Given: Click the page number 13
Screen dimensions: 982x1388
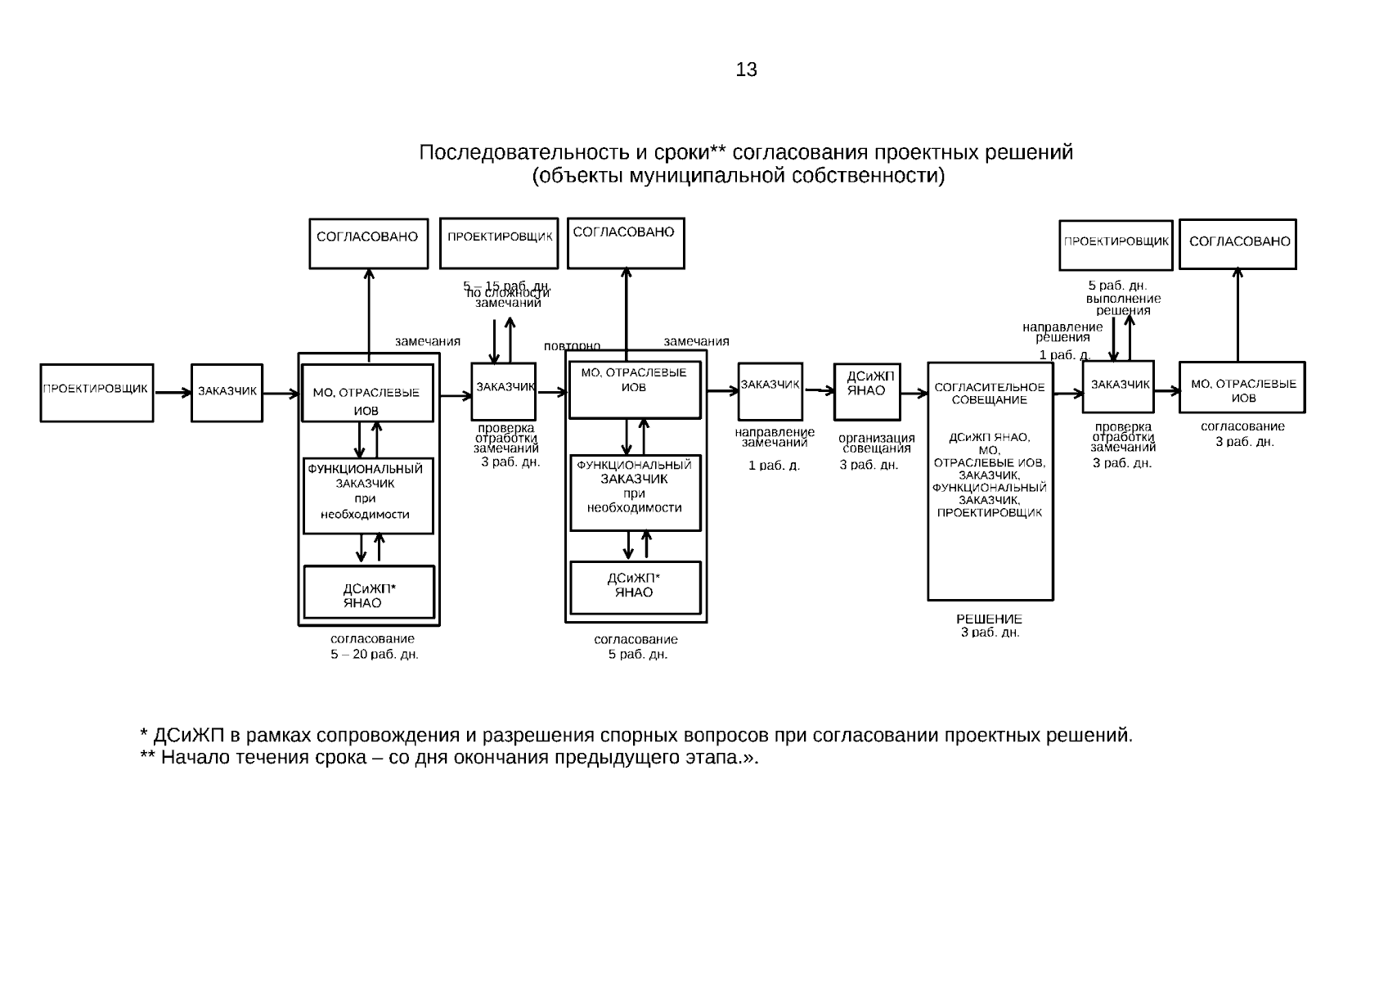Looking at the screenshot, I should click(x=746, y=70).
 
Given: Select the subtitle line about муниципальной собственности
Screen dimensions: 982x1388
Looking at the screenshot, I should click(x=738, y=176).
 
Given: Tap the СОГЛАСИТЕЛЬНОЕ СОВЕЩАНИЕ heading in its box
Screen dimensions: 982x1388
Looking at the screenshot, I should click(x=990, y=394).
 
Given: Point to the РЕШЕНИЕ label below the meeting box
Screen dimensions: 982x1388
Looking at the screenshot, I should click(x=989, y=619).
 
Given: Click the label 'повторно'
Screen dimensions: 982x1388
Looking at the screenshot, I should click(x=573, y=346).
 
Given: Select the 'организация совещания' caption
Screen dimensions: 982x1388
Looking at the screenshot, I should click(x=877, y=443).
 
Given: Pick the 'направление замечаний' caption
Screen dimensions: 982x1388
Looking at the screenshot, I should click(x=775, y=437).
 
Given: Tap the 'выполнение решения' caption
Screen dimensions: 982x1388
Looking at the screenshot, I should click(x=1123, y=304).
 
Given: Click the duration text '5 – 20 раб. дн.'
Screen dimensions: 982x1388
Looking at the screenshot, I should click(x=375, y=655).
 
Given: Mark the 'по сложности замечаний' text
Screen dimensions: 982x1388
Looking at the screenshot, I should click(x=508, y=297).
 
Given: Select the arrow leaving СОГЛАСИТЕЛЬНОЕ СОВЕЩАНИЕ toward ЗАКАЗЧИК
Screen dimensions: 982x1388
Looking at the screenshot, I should click(x=1067, y=394).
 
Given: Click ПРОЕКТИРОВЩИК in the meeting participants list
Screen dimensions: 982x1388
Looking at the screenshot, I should click(x=990, y=513).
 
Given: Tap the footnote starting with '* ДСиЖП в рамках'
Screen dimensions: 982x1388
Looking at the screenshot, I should click(x=636, y=735).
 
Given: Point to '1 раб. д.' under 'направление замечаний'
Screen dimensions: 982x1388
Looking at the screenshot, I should click(x=774, y=466).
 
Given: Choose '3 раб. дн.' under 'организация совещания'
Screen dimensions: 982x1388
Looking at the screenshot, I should click(x=869, y=465).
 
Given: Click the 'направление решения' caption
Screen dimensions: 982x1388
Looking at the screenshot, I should click(x=1062, y=331).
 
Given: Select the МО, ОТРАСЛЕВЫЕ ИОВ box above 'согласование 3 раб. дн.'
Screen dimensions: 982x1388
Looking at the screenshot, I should click(x=1242, y=387).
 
